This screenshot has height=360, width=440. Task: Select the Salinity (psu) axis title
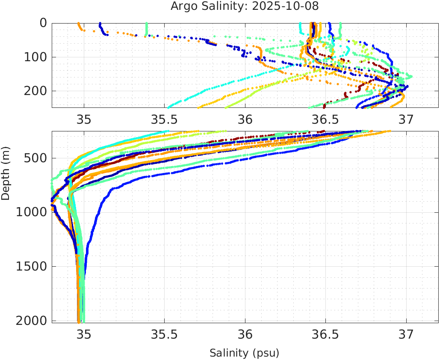(x=244, y=353)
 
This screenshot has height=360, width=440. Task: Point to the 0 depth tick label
(x=43, y=23)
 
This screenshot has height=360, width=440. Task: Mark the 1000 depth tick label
(x=30, y=212)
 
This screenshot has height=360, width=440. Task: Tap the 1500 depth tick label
(x=30, y=266)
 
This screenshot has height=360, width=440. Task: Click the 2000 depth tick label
(x=30, y=320)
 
